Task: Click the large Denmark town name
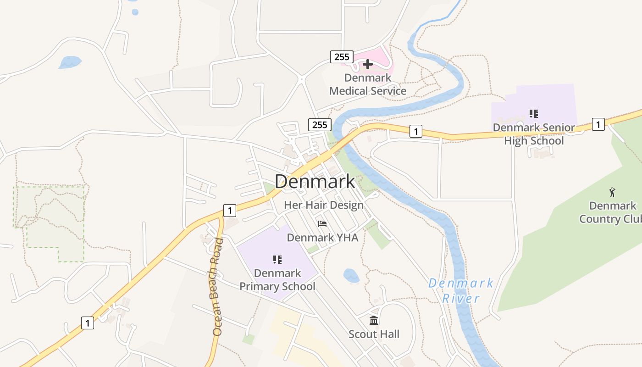coord(315,182)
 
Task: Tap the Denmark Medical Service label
coord(368,84)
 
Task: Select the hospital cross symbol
coord(367,64)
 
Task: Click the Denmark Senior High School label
coord(534,134)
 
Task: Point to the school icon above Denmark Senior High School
coord(533,113)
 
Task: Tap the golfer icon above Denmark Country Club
coord(612,192)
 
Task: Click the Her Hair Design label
coord(324,205)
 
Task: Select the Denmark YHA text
coord(322,238)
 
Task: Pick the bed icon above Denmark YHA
coord(322,224)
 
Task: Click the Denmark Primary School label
coord(277,280)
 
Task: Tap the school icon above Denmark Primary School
coord(277,260)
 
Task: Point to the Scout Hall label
coord(374,334)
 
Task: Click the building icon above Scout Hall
coord(374,320)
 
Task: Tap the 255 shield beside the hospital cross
coord(342,57)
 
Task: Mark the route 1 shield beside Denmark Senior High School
coord(598,124)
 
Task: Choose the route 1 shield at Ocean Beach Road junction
coord(230,211)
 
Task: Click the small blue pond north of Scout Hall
coord(351,276)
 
